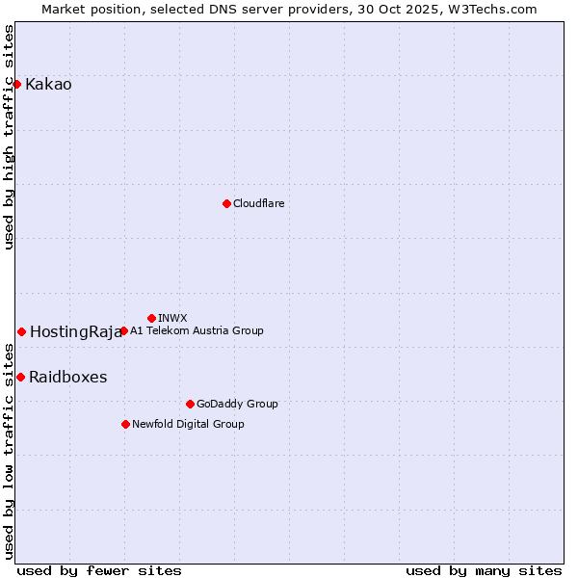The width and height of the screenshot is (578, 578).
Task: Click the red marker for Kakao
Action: pos(16,84)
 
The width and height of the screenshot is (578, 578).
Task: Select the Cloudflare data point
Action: pos(226,203)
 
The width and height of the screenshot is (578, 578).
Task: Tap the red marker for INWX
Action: pos(151,318)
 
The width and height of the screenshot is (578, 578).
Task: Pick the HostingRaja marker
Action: pos(21,331)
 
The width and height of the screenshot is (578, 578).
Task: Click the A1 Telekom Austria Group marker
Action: pos(123,330)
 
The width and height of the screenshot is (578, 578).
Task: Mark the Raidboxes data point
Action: pos(20,377)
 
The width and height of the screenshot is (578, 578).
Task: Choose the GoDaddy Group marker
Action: pos(190,404)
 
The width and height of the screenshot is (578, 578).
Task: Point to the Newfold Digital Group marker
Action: pos(125,424)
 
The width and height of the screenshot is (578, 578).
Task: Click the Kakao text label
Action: pos(48,85)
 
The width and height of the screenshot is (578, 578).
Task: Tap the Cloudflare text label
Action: pos(258,203)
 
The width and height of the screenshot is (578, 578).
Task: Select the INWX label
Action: pos(172,318)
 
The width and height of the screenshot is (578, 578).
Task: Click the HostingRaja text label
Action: pos(75,332)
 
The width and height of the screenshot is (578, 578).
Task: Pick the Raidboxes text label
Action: pos(67,378)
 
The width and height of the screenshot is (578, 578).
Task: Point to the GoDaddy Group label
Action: pos(237,404)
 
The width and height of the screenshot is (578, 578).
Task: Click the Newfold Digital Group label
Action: pos(188,424)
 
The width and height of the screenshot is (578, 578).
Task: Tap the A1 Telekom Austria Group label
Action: pos(197,330)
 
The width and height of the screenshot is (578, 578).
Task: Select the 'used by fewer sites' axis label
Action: pos(99,570)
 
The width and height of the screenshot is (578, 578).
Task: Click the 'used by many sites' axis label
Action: pos(484,570)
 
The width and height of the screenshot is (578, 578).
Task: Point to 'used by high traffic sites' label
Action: pos(9,137)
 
